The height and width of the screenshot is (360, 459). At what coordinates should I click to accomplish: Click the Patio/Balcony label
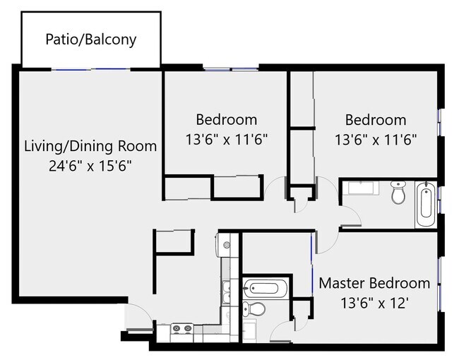[91, 40]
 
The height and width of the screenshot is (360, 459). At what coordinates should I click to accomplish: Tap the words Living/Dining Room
[90, 146]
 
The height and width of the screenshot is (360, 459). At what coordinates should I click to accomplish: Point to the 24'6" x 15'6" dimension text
[90, 167]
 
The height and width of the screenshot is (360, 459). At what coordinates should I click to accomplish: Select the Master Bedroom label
[374, 283]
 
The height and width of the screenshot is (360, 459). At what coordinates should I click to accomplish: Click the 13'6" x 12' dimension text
[374, 303]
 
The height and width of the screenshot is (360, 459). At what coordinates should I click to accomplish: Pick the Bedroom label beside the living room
[227, 120]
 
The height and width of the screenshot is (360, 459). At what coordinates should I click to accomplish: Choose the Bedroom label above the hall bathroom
[376, 120]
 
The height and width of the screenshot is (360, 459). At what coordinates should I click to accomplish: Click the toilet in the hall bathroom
[398, 192]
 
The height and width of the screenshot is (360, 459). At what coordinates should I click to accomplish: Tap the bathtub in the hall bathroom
[426, 205]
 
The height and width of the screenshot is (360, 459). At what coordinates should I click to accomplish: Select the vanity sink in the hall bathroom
[361, 188]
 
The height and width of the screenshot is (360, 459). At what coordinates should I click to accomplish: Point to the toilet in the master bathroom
[254, 309]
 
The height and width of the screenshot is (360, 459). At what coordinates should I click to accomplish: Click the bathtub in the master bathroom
[266, 288]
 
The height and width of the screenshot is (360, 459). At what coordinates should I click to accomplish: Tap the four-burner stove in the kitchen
[181, 328]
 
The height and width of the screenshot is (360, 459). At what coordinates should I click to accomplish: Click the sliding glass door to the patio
[91, 69]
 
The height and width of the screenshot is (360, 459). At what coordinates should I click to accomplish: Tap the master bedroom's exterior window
[439, 284]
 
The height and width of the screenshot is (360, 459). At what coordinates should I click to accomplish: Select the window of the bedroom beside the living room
[231, 69]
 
